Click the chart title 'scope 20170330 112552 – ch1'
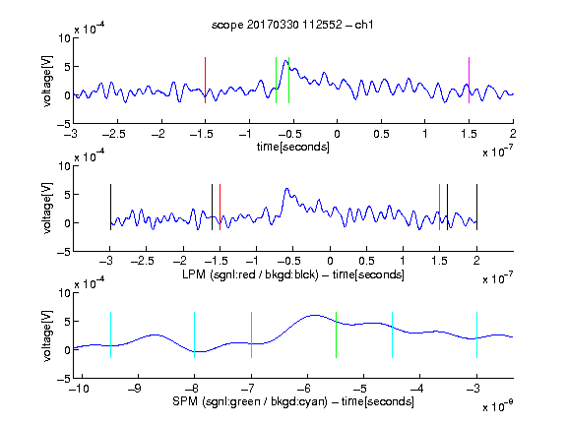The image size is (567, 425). point(292,25)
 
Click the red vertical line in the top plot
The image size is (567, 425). point(205,81)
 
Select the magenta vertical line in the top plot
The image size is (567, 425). point(469,81)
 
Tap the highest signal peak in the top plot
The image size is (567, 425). point(286,61)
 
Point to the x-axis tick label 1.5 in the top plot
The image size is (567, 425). point(469,135)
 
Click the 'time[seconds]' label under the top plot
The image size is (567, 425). point(293,147)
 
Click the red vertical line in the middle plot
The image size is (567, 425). point(220,207)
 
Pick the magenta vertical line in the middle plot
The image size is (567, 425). point(439,207)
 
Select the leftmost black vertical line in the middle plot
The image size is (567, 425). point(110,207)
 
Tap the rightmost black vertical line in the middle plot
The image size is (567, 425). point(476,207)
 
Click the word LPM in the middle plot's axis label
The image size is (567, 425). point(194,274)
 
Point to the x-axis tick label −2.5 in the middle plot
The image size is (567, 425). point(143,262)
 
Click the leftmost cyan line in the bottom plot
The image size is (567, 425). point(110,335)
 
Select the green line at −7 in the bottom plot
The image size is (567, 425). point(251,335)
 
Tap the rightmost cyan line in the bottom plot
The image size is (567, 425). point(476,335)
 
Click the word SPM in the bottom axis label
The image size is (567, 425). point(185,401)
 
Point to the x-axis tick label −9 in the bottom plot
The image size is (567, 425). point(135,389)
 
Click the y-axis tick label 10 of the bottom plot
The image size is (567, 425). point(64,293)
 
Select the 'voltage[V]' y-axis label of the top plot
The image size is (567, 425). point(47,81)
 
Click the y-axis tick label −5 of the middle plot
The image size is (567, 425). point(64,252)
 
